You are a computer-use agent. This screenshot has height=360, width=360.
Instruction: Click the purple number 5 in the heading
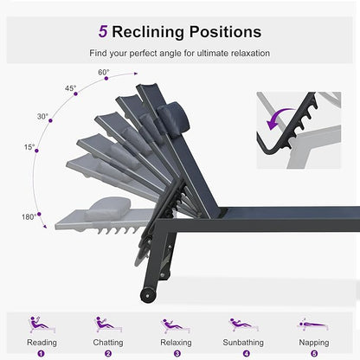[x=103, y=31]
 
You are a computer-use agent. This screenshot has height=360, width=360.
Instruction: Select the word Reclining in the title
[x=148, y=32]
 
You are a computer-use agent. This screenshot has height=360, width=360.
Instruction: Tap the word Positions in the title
[x=225, y=32]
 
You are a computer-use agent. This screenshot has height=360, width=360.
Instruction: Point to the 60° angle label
[x=104, y=72]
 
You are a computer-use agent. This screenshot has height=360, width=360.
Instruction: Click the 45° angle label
[x=70, y=88]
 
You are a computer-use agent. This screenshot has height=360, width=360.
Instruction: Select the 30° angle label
[x=42, y=116]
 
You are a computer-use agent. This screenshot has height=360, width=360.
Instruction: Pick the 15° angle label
[x=29, y=147]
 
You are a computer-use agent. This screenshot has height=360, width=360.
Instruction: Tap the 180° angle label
[x=29, y=216]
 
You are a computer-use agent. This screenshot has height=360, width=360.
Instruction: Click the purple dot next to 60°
[x=106, y=79]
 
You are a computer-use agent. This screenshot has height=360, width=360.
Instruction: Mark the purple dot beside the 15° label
[x=36, y=151]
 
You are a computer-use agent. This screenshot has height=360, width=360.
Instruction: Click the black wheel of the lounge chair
[x=148, y=295]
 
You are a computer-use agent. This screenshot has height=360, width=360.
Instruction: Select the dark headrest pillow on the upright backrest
[x=173, y=115]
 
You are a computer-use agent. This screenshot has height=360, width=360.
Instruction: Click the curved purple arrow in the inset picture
[x=278, y=118]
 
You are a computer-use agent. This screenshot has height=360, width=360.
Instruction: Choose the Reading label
[x=42, y=343]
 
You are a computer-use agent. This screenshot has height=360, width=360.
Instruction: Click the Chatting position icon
[x=108, y=325]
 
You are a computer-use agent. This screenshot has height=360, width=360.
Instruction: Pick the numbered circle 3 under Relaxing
[x=177, y=354]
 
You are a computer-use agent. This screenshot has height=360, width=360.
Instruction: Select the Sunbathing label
[x=243, y=343]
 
